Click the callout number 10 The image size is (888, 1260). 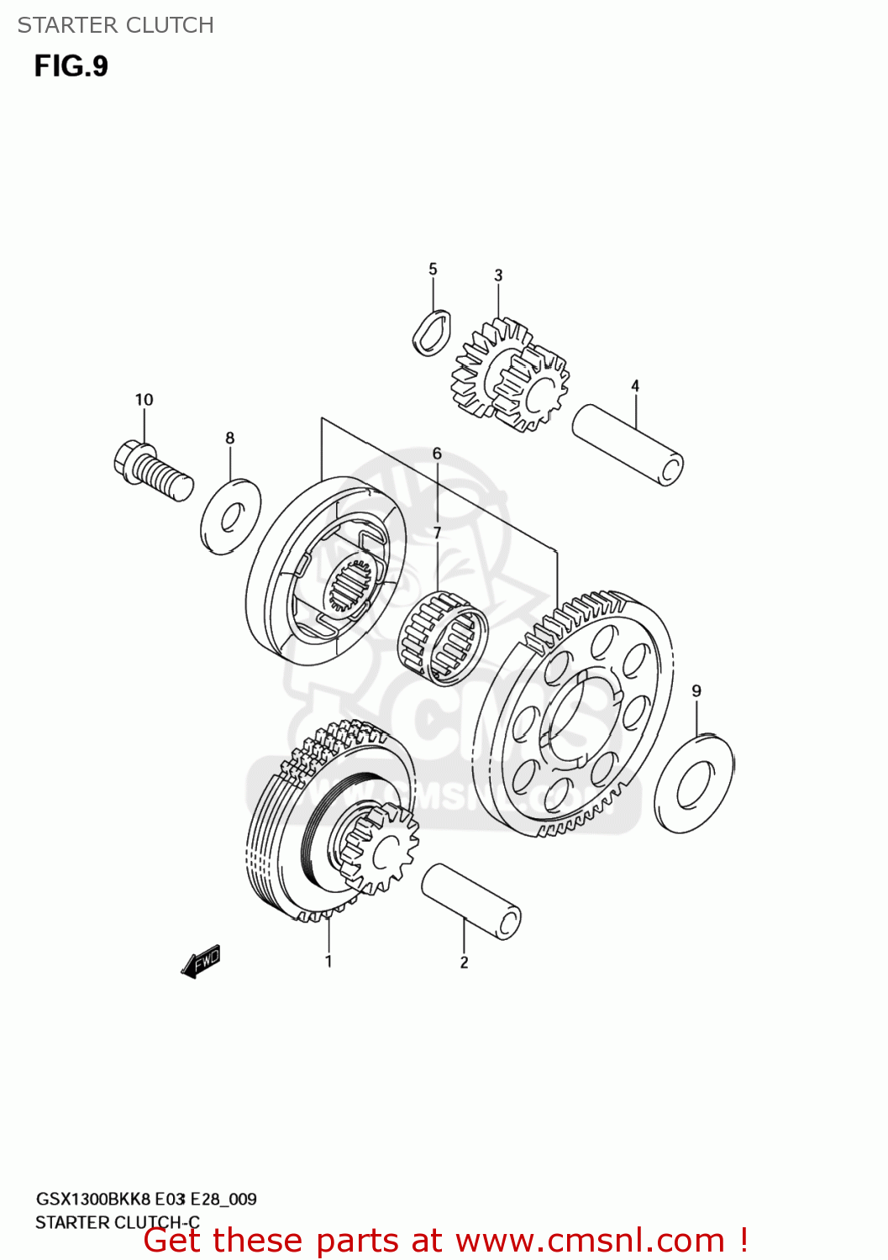point(144,400)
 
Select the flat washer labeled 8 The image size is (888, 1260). point(230,517)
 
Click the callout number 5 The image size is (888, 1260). point(433,269)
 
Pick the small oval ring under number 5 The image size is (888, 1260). point(432,333)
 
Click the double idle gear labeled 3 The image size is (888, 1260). point(510,375)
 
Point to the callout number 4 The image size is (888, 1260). point(635,386)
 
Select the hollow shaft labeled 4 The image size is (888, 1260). point(628,444)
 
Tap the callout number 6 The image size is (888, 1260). point(437,454)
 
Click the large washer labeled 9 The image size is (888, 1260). point(694,784)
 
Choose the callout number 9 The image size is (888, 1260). point(696,691)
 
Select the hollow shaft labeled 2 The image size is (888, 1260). point(470,901)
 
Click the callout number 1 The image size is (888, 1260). point(328,961)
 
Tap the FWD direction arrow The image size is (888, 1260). point(201,962)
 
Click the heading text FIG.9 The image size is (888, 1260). point(71,66)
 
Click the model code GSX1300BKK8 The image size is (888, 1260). point(92,1199)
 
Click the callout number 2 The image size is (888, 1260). point(464,963)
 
